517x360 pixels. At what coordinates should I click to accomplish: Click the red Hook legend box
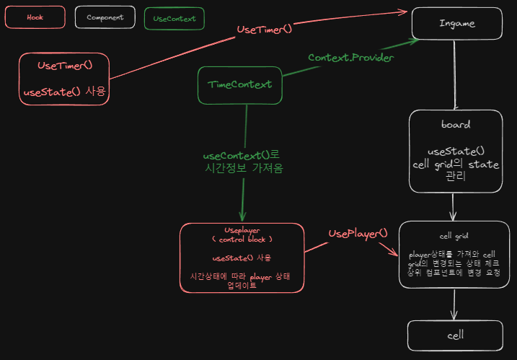(x=35, y=17)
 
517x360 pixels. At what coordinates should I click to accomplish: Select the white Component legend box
(x=105, y=17)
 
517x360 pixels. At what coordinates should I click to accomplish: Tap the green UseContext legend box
(x=174, y=19)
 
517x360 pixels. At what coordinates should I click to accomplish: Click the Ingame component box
(x=457, y=23)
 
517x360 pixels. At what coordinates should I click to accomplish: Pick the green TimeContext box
(x=239, y=84)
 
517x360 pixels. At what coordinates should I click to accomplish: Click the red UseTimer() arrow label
(x=265, y=29)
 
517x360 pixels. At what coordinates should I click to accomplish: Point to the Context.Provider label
(x=350, y=57)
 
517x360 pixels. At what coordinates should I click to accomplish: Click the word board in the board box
(x=456, y=124)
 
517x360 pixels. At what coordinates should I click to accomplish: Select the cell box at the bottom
(x=455, y=335)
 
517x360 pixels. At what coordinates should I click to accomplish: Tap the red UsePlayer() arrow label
(x=358, y=233)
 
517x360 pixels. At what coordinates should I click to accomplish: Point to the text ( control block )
(x=242, y=238)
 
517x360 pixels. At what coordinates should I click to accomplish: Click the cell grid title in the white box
(x=454, y=236)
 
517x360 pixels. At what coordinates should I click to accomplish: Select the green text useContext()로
(x=241, y=155)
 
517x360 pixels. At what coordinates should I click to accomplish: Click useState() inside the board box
(x=456, y=152)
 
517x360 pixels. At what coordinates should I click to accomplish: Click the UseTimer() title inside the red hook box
(x=65, y=65)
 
